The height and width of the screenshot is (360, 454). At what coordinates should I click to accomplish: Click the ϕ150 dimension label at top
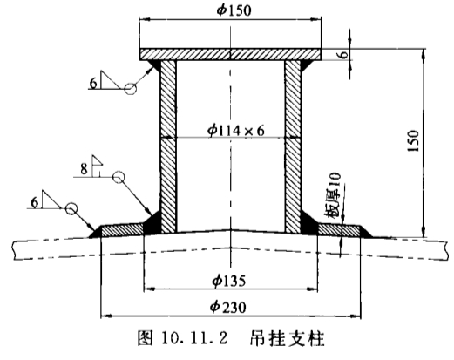click(234, 10)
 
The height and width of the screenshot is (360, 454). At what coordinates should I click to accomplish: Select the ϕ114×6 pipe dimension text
click(236, 131)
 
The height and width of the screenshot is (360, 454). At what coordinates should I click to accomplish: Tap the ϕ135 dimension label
click(229, 281)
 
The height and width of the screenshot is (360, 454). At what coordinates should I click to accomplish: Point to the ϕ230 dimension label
click(228, 307)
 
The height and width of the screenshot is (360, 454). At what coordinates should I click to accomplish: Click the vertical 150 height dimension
click(413, 140)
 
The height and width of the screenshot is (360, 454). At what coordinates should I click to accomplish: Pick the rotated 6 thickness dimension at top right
click(344, 54)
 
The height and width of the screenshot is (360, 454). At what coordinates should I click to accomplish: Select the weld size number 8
click(84, 168)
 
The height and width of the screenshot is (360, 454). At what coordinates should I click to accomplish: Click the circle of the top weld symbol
click(131, 89)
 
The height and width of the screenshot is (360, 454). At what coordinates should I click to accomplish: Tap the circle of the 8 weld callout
click(119, 177)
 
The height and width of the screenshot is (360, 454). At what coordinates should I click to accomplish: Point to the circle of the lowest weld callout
click(71, 208)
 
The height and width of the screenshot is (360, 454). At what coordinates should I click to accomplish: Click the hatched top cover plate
click(231, 54)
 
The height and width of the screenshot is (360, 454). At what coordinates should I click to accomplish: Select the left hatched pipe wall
click(168, 146)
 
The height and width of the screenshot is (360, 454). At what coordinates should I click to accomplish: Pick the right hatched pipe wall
click(293, 146)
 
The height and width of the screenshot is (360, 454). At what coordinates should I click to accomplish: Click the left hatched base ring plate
click(123, 230)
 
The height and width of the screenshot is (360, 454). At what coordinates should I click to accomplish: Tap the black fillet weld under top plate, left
click(155, 65)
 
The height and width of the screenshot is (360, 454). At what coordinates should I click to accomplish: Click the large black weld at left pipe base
click(152, 224)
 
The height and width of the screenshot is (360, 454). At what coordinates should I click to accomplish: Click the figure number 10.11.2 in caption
click(194, 338)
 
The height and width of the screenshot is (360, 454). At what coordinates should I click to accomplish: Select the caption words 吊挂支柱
click(287, 338)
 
